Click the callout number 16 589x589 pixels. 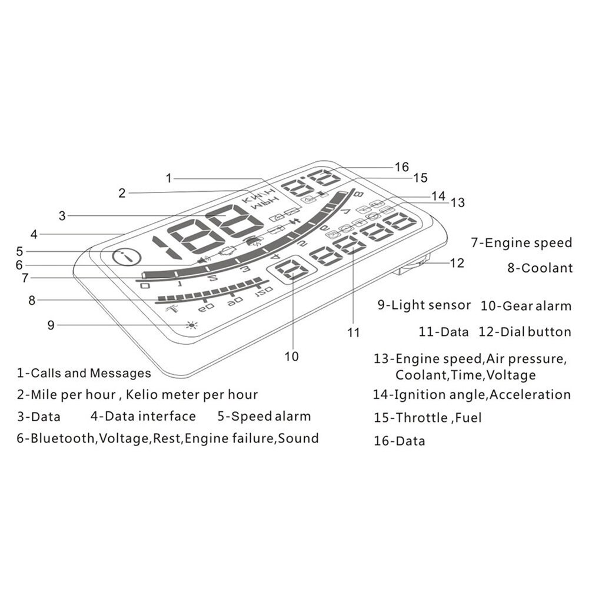(402, 167)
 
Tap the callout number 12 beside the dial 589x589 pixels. (457, 263)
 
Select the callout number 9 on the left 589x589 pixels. (51, 324)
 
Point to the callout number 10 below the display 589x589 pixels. (292, 356)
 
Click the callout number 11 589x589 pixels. (353, 332)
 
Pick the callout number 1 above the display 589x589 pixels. (169, 177)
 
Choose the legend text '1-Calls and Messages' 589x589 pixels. (84, 372)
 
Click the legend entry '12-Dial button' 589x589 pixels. (525, 332)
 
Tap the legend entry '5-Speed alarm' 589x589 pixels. (264, 417)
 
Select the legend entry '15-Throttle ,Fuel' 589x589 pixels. (427, 418)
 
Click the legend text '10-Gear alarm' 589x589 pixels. (526, 305)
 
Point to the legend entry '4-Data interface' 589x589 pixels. (143, 417)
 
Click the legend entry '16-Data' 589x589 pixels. (399, 441)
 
